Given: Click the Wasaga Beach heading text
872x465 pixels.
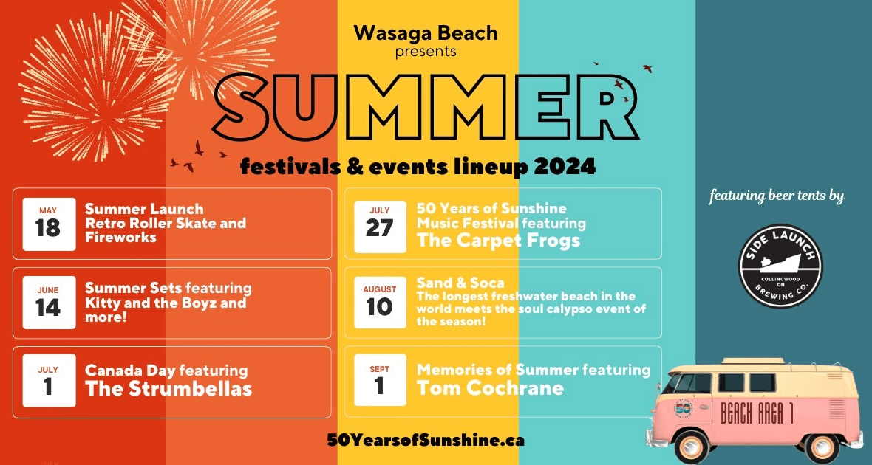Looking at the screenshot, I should point(426,33).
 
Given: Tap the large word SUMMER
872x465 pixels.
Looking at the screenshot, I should point(426,109).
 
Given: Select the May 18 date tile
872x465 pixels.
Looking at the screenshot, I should point(48,223).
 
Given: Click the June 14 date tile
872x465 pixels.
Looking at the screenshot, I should point(48,303).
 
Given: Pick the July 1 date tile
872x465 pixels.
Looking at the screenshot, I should point(49,381).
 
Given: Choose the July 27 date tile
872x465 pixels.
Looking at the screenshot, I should point(380,223).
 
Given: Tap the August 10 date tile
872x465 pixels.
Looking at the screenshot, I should point(380,302).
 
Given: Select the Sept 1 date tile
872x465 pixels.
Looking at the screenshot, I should point(380,381).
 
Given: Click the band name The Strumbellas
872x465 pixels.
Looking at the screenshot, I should point(168,389).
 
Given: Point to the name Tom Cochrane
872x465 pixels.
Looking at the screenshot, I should point(490,388).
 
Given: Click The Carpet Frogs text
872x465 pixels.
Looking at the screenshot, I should point(498,241).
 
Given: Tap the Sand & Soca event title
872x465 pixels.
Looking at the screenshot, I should point(460,283).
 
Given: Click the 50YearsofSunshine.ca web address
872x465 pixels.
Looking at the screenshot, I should point(426,440).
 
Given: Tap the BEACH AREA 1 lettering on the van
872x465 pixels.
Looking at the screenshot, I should point(757,414).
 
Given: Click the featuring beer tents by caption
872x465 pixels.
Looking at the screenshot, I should point(777,196).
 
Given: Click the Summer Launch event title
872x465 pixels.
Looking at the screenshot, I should point(144,209).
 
